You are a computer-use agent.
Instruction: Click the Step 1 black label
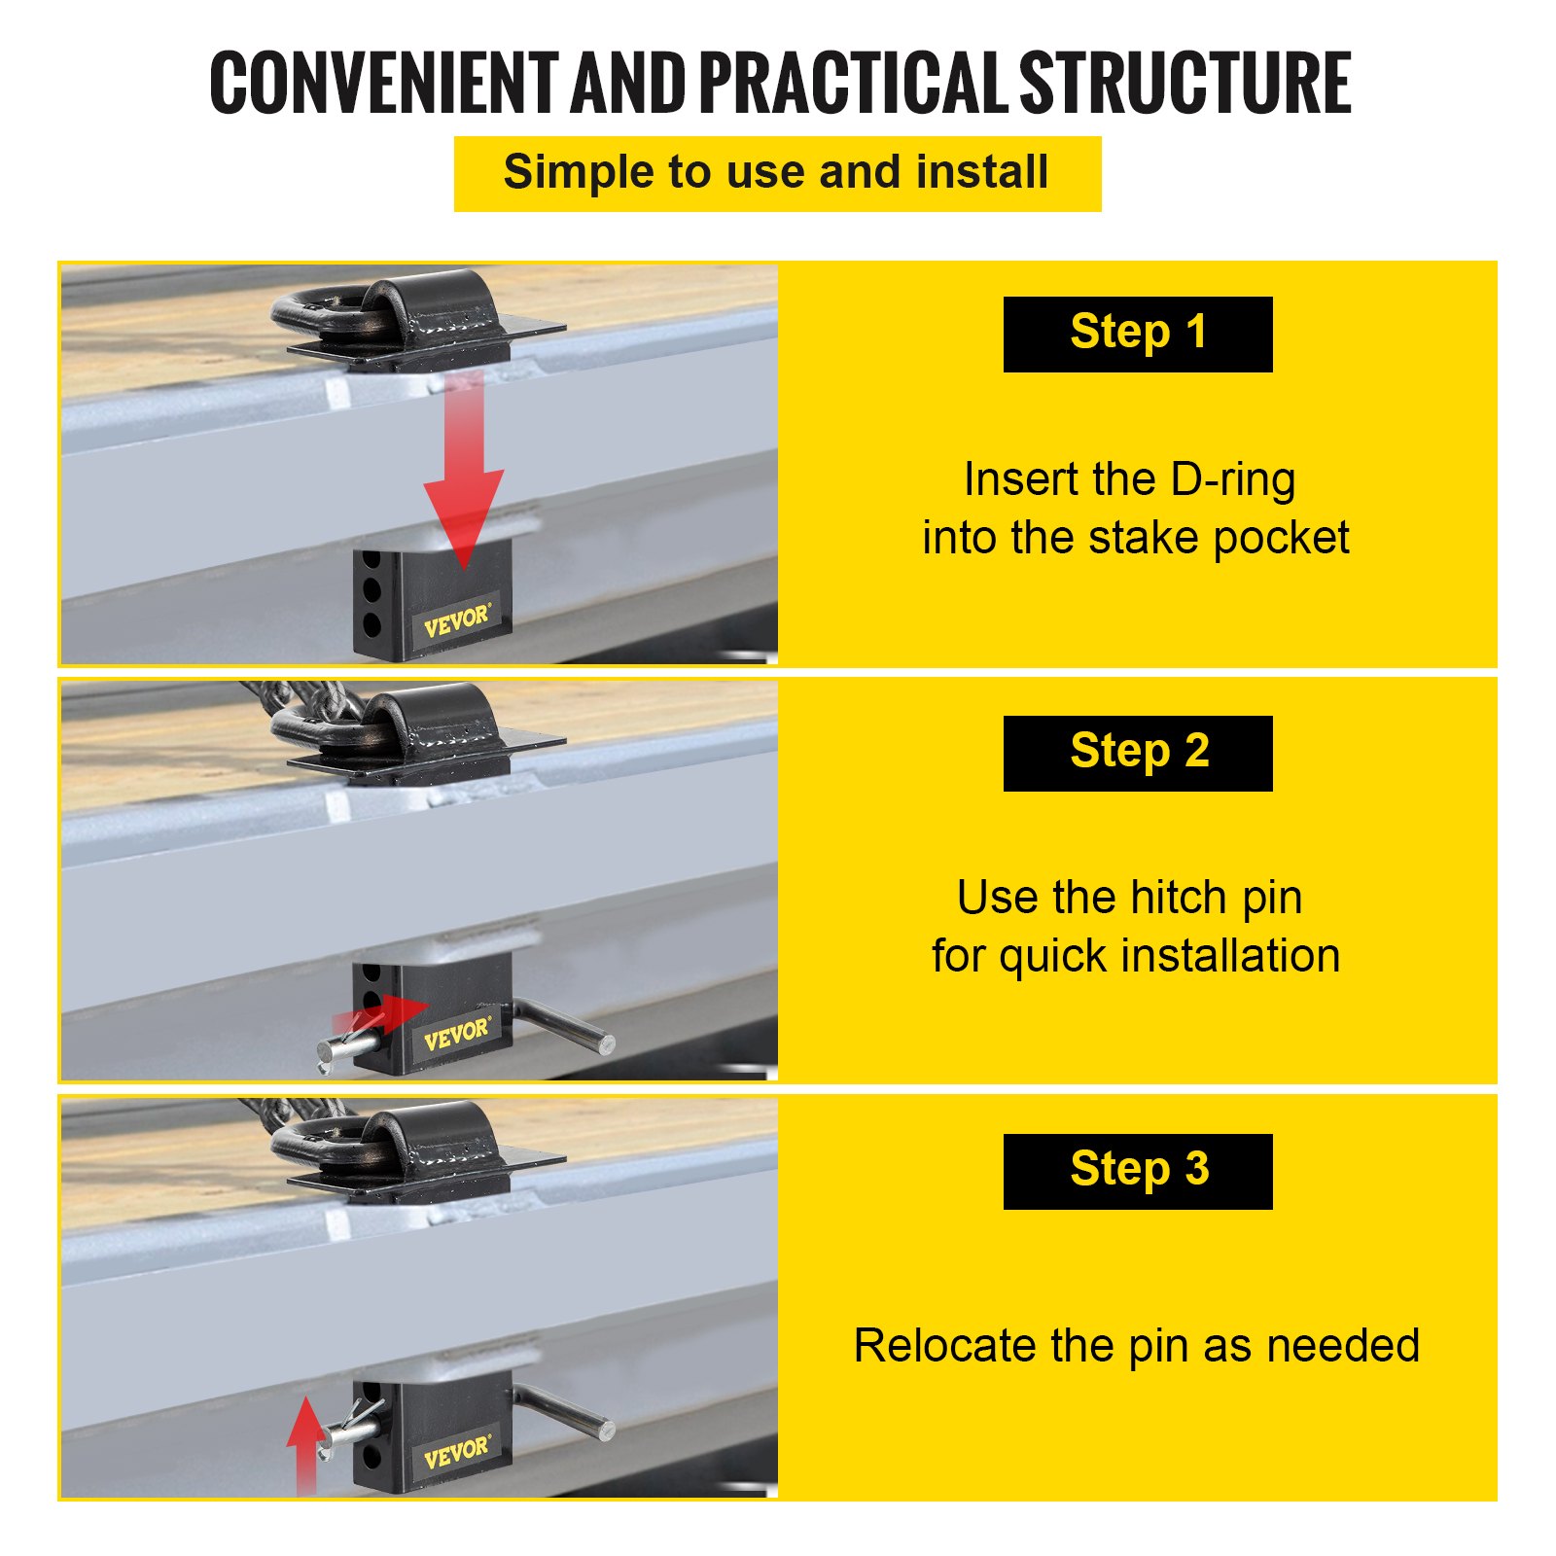(x=1138, y=335)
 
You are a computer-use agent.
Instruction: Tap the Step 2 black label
(x=1138, y=754)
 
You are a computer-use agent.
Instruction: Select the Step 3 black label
(x=1138, y=1172)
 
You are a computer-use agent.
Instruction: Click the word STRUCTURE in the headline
(x=1185, y=83)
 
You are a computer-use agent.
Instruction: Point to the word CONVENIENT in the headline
(x=384, y=83)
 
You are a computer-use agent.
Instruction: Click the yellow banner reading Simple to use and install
(x=778, y=174)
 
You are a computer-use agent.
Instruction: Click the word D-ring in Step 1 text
(x=1233, y=479)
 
